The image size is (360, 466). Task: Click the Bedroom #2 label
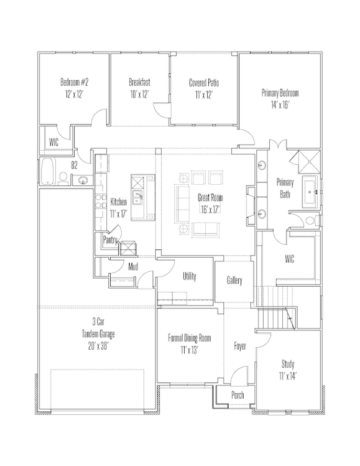(x=74, y=82)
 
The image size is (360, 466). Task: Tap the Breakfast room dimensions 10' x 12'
(x=139, y=95)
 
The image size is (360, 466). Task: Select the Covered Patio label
(x=204, y=83)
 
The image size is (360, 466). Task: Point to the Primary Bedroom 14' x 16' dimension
(x=280, y=105)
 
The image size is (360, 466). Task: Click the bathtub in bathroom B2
(x=48, y=172)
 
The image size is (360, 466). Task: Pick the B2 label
(x=74, y=165)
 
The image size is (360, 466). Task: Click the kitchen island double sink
(x=137, y=198)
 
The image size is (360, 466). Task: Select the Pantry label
(x=110, y=240)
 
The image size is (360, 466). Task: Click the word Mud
(x=133, y=266)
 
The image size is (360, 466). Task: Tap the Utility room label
(x=190, y=276)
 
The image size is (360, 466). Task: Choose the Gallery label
(x=234, y=280)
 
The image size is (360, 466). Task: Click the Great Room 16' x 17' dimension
(x=210, y=210)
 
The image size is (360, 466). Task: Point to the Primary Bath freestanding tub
(x=310, y=192)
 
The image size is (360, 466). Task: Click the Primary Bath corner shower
(x=309, y=162)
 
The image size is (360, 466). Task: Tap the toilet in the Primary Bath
(x=311, y=220)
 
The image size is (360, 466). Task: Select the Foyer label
(x=240, y=346)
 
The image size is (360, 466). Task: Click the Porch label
(x=238, y=395)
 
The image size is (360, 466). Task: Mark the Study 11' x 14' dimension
(x=288, y=376)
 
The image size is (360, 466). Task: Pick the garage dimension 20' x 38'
(x=98, y=346)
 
